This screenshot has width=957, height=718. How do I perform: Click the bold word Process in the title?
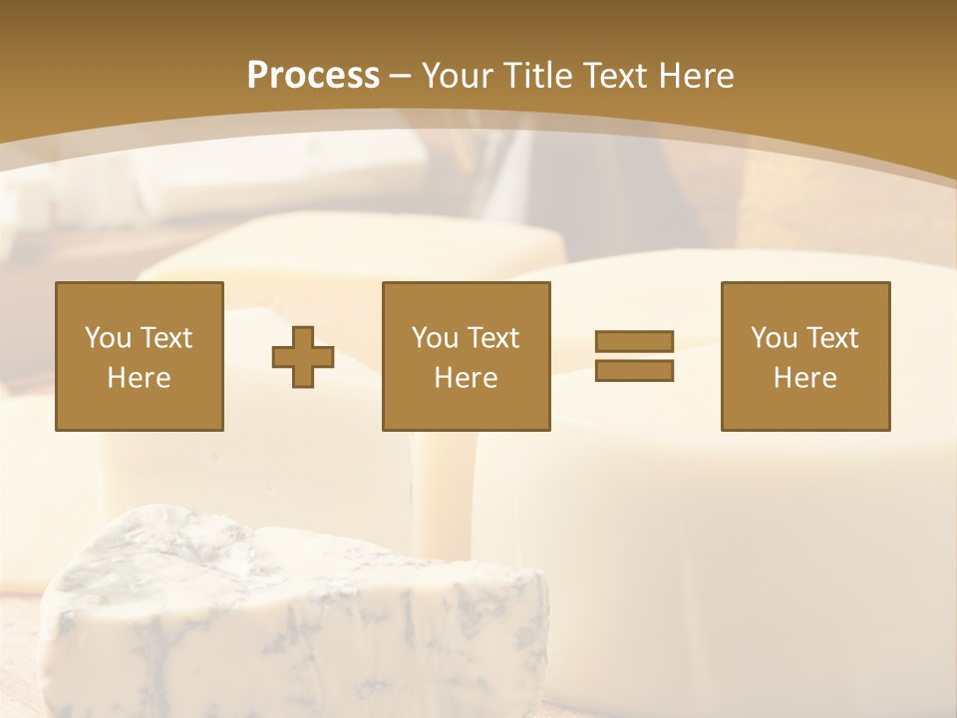coord(313,76)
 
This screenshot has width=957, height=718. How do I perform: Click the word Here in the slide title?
coord(698,76)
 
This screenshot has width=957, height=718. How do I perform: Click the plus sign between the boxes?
coord(303,357)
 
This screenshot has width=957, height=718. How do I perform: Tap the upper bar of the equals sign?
coord(634,342)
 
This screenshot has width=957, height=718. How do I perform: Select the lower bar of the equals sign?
coord(634,370)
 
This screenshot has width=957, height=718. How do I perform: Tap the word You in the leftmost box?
coord(108,338)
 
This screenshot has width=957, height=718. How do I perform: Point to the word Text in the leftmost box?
coord(165,338)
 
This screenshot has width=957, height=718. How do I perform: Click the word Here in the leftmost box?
coord(139,378)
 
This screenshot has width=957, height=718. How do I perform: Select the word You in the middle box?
coord(435,338)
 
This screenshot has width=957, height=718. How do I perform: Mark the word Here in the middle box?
coord(466,378)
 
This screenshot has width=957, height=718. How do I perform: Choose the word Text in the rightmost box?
coord(831,338)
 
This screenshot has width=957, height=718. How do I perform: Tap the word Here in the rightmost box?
coord(804,378)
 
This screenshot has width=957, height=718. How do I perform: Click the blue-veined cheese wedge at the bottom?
coord(289,618)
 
